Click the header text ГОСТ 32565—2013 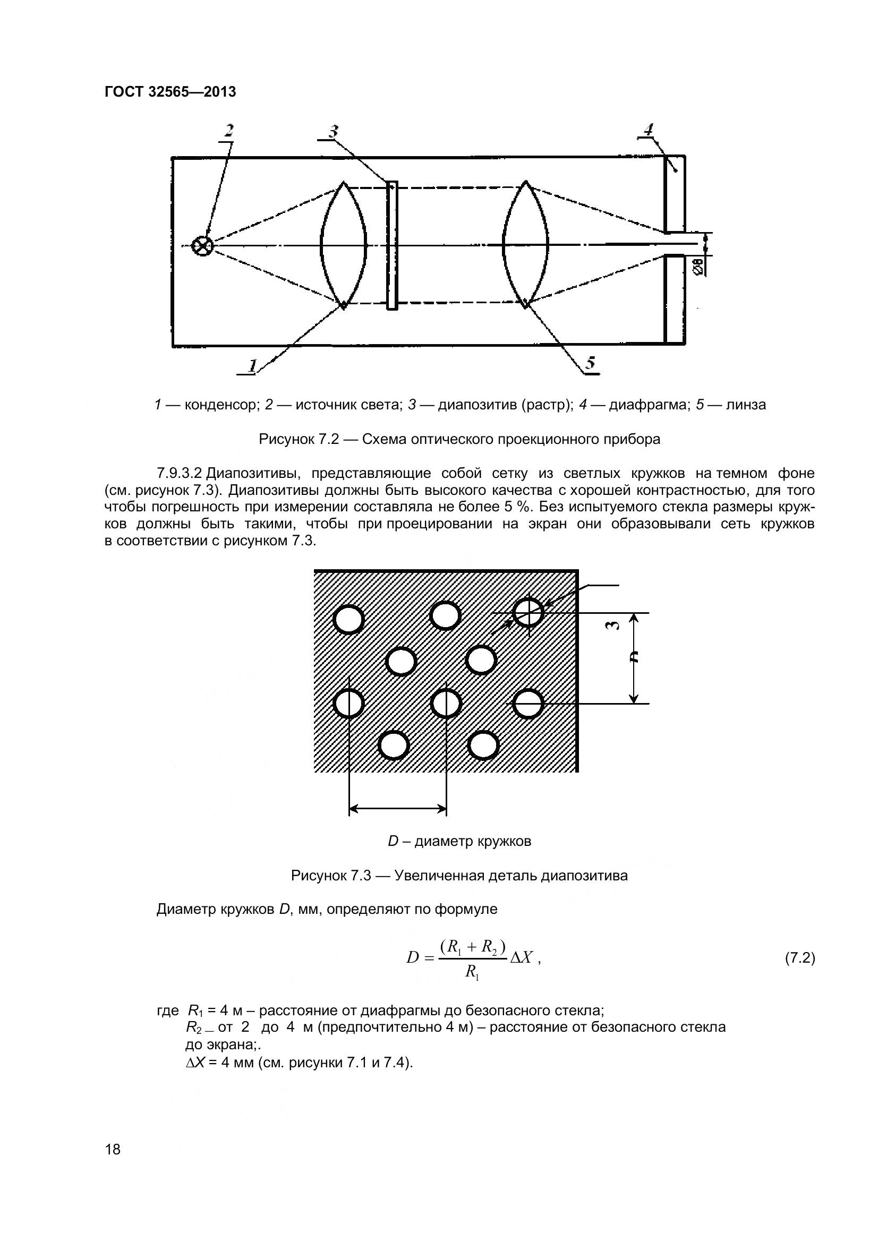click(170, 92)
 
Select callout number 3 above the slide click(333, 131)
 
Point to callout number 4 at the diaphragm click(649, 130)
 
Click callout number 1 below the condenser click(252, 365)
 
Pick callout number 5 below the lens click(590, 363)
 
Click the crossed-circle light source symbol click(203, 246)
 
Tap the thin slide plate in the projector click(391, 246)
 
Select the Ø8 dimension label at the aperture click(698, 267)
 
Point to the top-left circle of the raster click(348, 619)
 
